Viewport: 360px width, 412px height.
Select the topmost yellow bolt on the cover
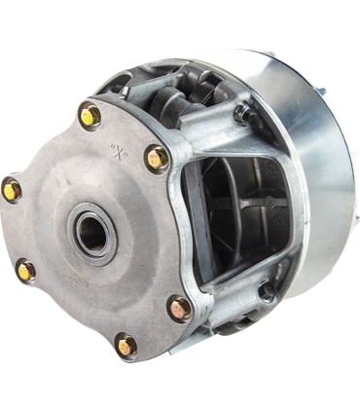pos(90,117)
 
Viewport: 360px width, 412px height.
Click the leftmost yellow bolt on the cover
pos(13,189)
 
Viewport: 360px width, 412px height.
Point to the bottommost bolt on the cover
pos(126,344)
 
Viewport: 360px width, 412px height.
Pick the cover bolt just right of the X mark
pos(156,158)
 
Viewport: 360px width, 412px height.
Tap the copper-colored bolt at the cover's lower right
pos(180,309)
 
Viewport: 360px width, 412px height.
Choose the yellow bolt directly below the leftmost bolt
pos(26,271)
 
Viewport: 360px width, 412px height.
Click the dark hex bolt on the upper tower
pos(241,115)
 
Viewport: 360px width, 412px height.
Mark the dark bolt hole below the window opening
pos(266,290)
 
